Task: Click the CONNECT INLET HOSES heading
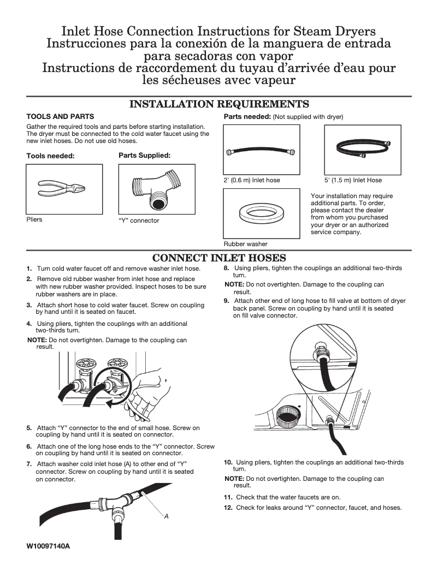click(219, 258)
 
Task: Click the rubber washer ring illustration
click(261, 212)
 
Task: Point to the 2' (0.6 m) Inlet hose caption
click(251, 180)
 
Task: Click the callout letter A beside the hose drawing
click(166, 516)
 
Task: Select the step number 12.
click(228, 508)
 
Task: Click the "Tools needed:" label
click(50, 156)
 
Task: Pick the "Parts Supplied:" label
click(144, 156)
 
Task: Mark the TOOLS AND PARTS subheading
click(60, 117)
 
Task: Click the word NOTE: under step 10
click(234, 479)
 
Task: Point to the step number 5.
click(29, 428)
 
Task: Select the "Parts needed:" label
click(247, 117)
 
